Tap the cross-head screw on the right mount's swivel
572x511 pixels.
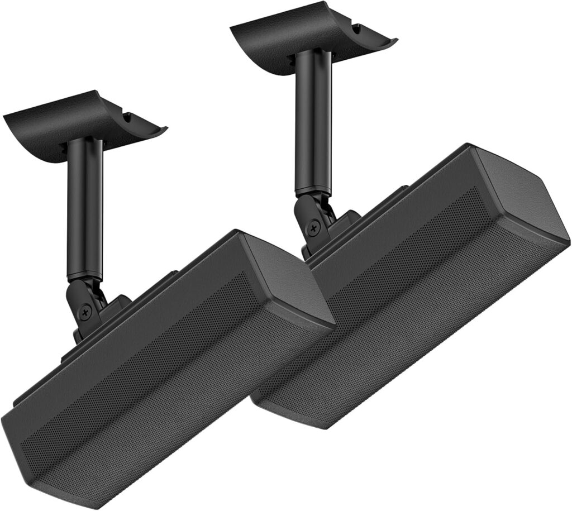315,228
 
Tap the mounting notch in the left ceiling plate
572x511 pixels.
130,118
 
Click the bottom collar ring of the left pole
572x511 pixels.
85,275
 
